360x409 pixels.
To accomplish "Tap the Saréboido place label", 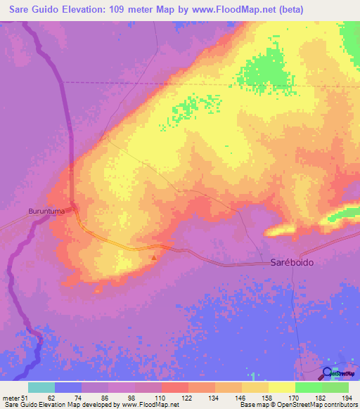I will click(x=292, y=262).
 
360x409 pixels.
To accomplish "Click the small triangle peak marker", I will click(x=154, y=257).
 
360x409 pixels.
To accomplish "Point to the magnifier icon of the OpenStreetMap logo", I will click(x=328, y=373).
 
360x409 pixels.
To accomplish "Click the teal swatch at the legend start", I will click(x=41, y=387).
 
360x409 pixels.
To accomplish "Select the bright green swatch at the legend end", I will click(x=335, y=387).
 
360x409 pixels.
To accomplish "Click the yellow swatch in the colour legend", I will click(x=282, y=387).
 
